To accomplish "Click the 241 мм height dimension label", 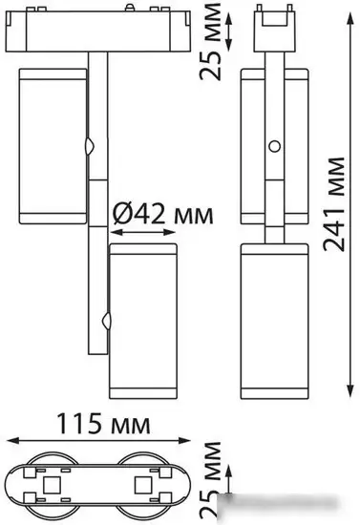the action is pos(334,204).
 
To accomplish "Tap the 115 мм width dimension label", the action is pos(103,424).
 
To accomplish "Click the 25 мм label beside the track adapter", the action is pos(211,41).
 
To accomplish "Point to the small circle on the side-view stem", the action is pos(275,146).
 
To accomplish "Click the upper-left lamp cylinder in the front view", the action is pos(53,146).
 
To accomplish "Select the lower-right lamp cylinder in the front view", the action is pos(143,321).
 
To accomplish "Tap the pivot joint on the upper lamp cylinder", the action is pos(90,146).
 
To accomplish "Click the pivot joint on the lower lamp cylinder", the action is pos(107,321).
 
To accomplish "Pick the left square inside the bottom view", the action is pos(52,485).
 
